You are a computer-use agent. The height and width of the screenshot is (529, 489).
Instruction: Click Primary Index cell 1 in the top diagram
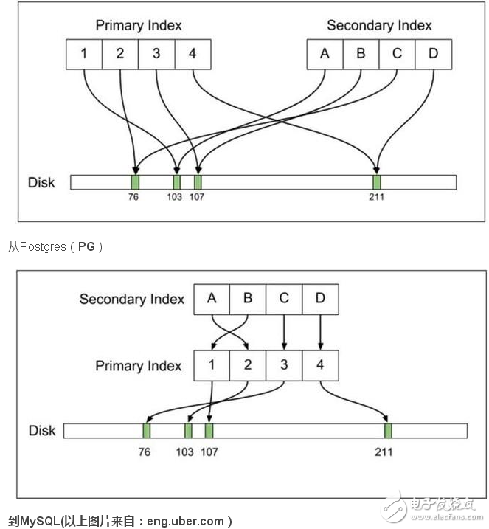point(83,53)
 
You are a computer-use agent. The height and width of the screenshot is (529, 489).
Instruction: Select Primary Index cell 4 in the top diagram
point(193,53)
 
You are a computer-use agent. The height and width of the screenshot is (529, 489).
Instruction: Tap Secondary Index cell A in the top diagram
point(325,53)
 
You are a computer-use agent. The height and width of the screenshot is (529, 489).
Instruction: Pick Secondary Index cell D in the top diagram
point(433,53)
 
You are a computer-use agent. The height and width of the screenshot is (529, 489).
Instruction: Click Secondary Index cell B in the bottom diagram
point(248,299)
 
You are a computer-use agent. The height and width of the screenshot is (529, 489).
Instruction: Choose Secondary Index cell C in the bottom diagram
point(284,299)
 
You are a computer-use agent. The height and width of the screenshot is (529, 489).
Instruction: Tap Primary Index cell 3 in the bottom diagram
point(284,364)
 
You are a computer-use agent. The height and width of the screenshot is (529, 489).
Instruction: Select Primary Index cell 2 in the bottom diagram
point(248,364)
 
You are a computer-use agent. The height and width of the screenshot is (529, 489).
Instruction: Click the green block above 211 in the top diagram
point(377,182)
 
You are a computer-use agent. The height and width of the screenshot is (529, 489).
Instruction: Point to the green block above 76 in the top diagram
point(135,182)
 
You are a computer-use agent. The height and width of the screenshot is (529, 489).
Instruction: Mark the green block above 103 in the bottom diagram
point(188,430)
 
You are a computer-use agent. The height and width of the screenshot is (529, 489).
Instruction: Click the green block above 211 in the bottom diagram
point(388,430)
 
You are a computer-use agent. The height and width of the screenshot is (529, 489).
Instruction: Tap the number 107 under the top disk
point(197,198)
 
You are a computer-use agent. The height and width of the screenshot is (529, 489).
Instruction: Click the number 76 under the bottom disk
point(145,450)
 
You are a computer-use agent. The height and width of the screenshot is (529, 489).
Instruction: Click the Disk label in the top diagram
point(41,181)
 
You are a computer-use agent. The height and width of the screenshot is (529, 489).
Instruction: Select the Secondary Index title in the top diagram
point(379,26)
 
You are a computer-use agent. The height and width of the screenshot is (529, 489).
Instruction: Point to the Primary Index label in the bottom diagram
point(139,366)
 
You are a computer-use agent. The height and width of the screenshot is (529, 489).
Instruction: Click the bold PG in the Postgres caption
point(86,246)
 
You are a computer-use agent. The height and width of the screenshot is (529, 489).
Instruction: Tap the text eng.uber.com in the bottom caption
point(187,521)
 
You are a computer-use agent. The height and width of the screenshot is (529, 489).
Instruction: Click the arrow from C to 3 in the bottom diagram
point(284,331)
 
